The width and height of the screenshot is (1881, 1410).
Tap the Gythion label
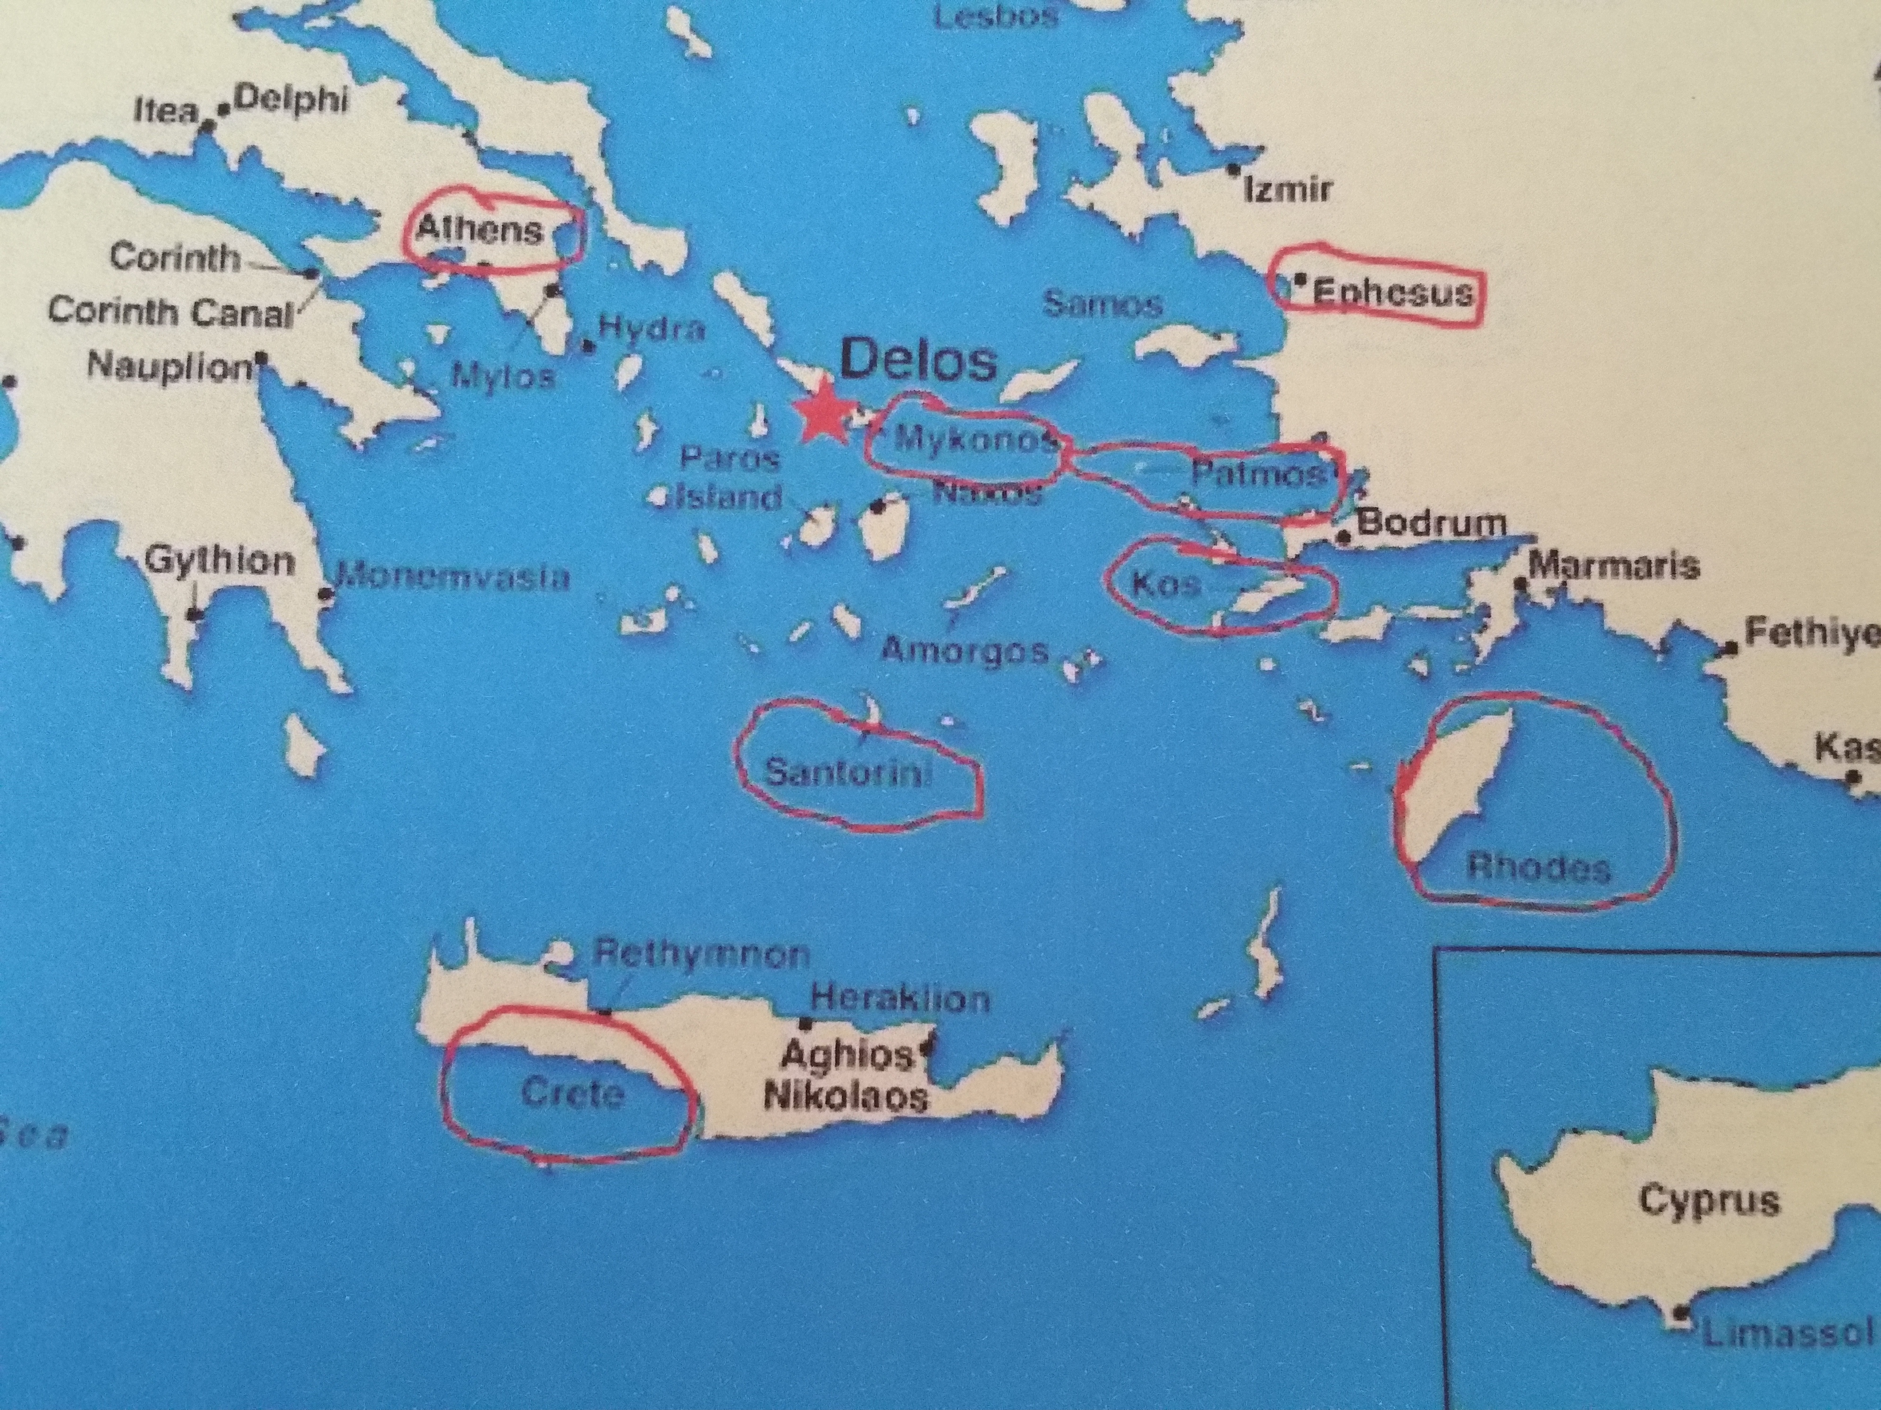point(220,561)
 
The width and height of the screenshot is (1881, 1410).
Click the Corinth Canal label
point(170,311)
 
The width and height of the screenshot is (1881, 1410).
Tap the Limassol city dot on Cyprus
point(1680,1337)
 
